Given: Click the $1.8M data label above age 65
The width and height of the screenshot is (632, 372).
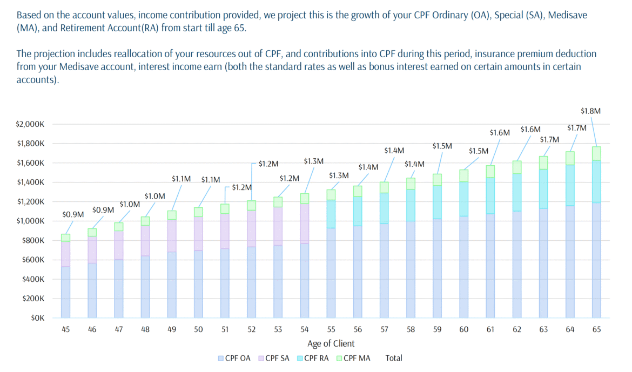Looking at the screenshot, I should coord(590,111).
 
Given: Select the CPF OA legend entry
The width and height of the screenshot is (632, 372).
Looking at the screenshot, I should coord(234,358).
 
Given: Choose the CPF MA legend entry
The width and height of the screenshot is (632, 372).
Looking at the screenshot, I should coord(353,358).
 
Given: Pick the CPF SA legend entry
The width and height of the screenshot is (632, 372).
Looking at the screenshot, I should coord(274,358).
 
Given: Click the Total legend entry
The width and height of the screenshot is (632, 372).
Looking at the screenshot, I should coord(393,358).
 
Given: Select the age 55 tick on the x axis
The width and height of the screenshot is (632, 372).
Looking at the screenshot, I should coord(331,329).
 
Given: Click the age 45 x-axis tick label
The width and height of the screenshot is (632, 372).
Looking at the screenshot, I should coord(65,329).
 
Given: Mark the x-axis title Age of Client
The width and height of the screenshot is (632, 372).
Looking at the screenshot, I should coord(331,343).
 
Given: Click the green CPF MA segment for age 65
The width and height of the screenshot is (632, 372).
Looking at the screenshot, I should coord(596,153).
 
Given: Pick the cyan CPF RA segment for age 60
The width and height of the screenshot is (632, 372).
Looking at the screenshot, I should coord(463,199).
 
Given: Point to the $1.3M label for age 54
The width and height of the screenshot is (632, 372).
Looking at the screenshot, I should coord(313,161).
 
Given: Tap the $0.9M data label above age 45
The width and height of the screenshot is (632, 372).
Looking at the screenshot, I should coord(73,214).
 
